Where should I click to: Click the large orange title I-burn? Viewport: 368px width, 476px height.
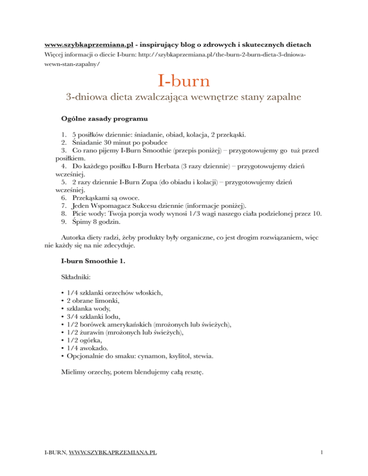[x=183, y=80]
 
